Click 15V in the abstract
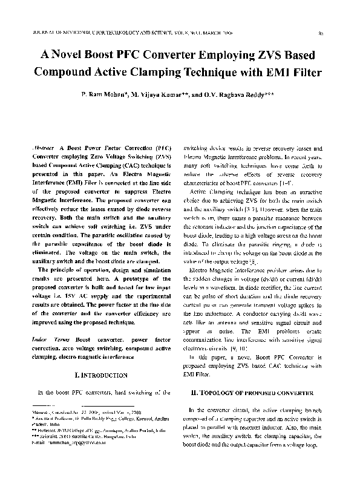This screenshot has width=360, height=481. (70, 290)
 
